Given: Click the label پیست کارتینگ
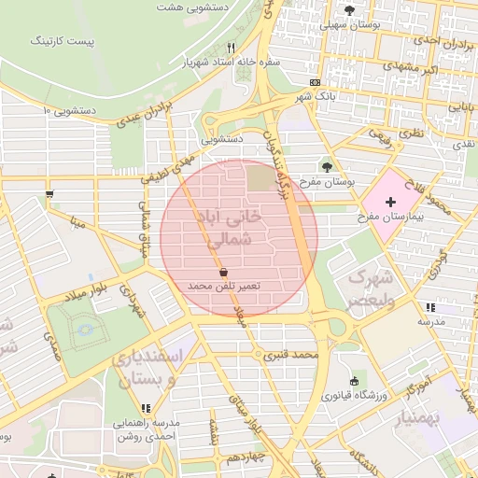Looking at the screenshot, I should tap(62, 41).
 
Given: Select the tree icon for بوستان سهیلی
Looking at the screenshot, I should tap(349, 10).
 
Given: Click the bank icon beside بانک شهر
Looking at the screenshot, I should tap(315, 82).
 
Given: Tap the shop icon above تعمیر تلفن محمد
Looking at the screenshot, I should tap(224, 271).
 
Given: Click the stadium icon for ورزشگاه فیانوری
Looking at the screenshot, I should tap(354, 381).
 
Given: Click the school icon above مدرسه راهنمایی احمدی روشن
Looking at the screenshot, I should tap(146, 408).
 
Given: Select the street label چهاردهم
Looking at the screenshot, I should tap(247, 457).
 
